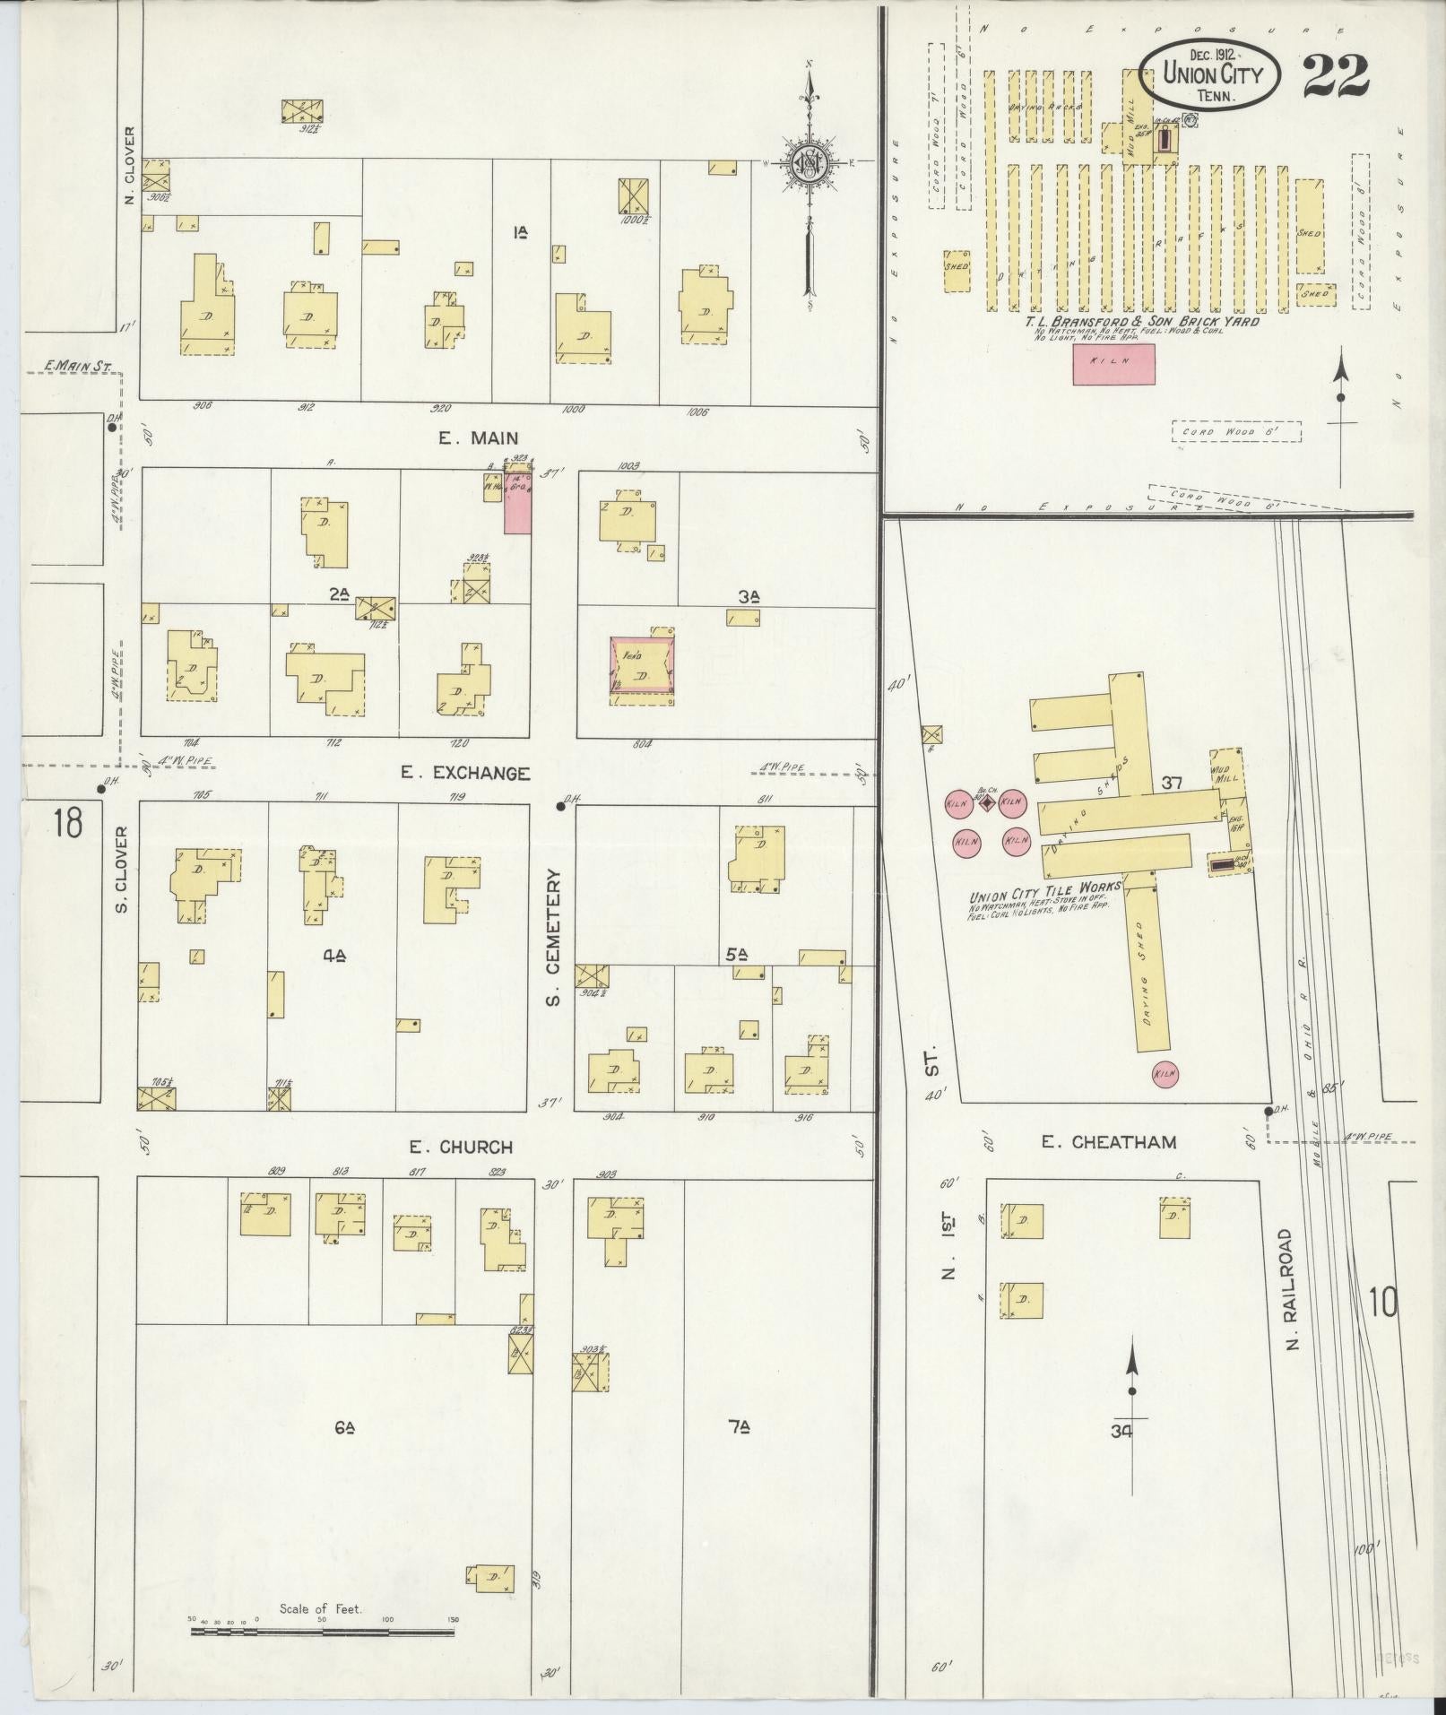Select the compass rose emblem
coord(810,166)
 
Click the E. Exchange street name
coord(465,773)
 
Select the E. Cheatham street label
coord(1108,1142)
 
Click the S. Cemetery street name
coord(553,936)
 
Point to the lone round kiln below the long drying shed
coord(1165,1073)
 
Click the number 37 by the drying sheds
coord(1173,783)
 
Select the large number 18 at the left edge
coord(66,822)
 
